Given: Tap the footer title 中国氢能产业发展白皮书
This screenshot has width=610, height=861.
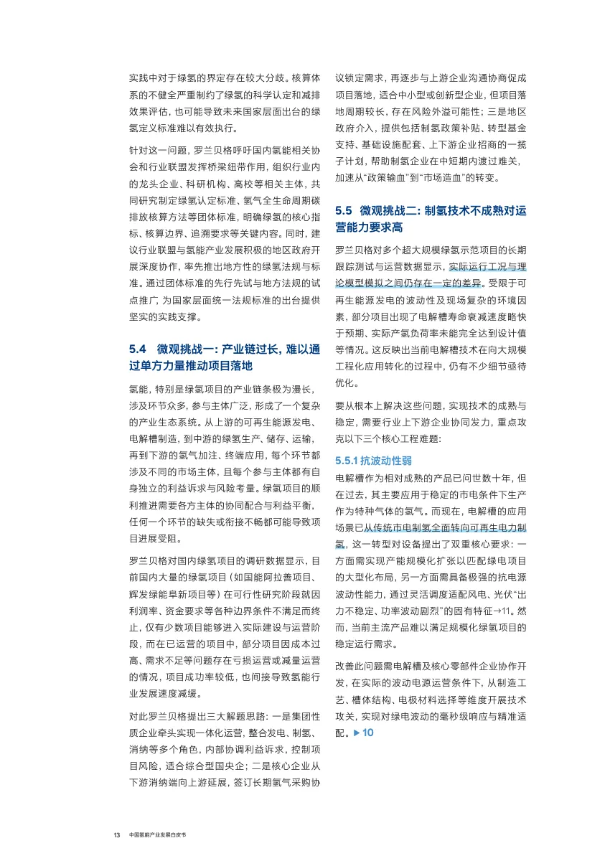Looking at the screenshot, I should point(161,836).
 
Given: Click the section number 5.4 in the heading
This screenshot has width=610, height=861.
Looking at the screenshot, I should point(137,349).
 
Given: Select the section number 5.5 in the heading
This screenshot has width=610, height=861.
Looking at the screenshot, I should point(344,211).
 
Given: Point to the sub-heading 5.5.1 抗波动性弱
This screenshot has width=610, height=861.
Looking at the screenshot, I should point(365,459).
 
